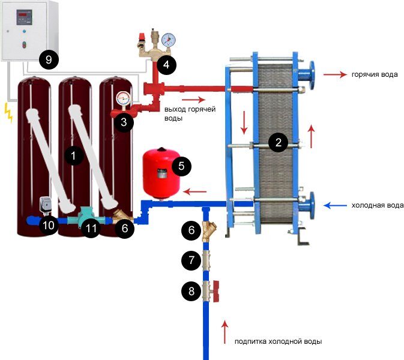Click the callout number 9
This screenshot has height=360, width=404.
(49, 59)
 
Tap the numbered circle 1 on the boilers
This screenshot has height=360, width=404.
(73, 155)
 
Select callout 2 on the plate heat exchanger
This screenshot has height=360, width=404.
(277, 142)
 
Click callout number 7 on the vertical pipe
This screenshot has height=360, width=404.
(191, 260)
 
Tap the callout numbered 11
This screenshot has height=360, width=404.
(91, 229)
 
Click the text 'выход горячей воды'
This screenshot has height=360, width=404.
(190, 113)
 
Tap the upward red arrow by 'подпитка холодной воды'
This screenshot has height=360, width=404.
(226, 329)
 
